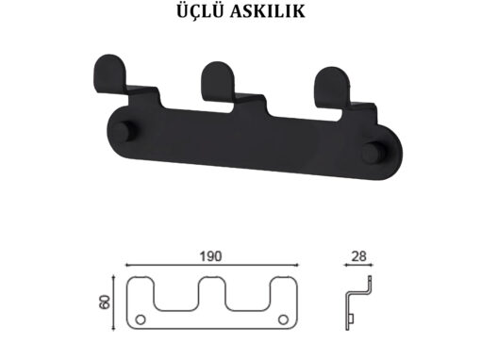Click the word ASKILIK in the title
tap(268, 12)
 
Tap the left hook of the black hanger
tap(109, 74)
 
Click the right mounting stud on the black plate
tap(373, 154)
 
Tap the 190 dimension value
tap(210, 256)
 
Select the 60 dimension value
tap(105, 302)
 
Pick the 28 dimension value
tap(358, 256)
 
